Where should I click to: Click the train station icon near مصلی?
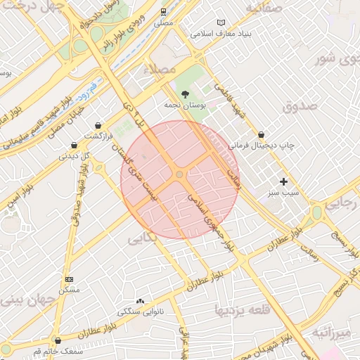(x=164, y=11)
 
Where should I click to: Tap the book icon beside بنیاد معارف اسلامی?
(x=222, y=22)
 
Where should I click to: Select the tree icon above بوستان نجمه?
(x=185, y=94)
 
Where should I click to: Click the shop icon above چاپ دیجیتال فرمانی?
(x=261, y=134)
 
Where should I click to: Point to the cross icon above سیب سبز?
(x=284, y=181)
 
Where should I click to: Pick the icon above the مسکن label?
(x=68, y=279)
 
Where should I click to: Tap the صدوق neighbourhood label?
(x=300, y=106)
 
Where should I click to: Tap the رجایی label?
(x=345, y=204)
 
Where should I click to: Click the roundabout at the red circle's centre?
(x=180, y=174)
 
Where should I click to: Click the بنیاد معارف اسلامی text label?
(x=220, y=34)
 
